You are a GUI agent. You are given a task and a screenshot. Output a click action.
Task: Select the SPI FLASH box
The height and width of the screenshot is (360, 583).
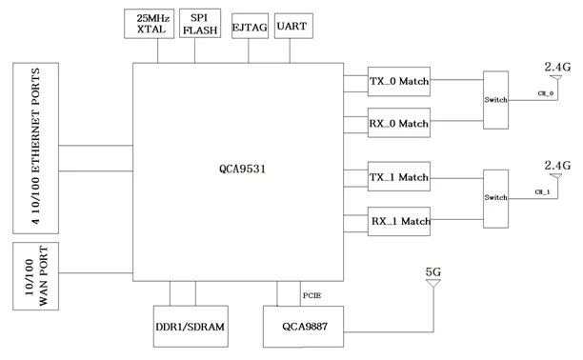(x=200, y=24)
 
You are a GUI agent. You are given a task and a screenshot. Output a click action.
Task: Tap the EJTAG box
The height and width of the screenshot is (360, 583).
(x=249, y=26)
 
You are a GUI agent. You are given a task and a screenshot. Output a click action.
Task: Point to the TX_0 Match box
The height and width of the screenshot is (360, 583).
(x=399, y=83)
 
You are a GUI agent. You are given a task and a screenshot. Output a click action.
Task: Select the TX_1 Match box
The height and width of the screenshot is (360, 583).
(x=399, y=177)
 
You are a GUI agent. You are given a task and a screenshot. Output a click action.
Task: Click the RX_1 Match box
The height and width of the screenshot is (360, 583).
(x=399, y=221)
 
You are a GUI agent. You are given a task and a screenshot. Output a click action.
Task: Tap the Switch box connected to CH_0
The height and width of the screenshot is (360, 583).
(x=495, y=100)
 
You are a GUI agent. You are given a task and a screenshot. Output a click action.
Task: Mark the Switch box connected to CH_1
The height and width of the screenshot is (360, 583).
(x=495, y=197)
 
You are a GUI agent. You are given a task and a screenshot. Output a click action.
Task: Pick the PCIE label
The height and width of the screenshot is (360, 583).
(x=312, y=295)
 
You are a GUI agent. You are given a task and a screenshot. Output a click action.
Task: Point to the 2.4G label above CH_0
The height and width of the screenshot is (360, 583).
(x=554, y=67)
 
